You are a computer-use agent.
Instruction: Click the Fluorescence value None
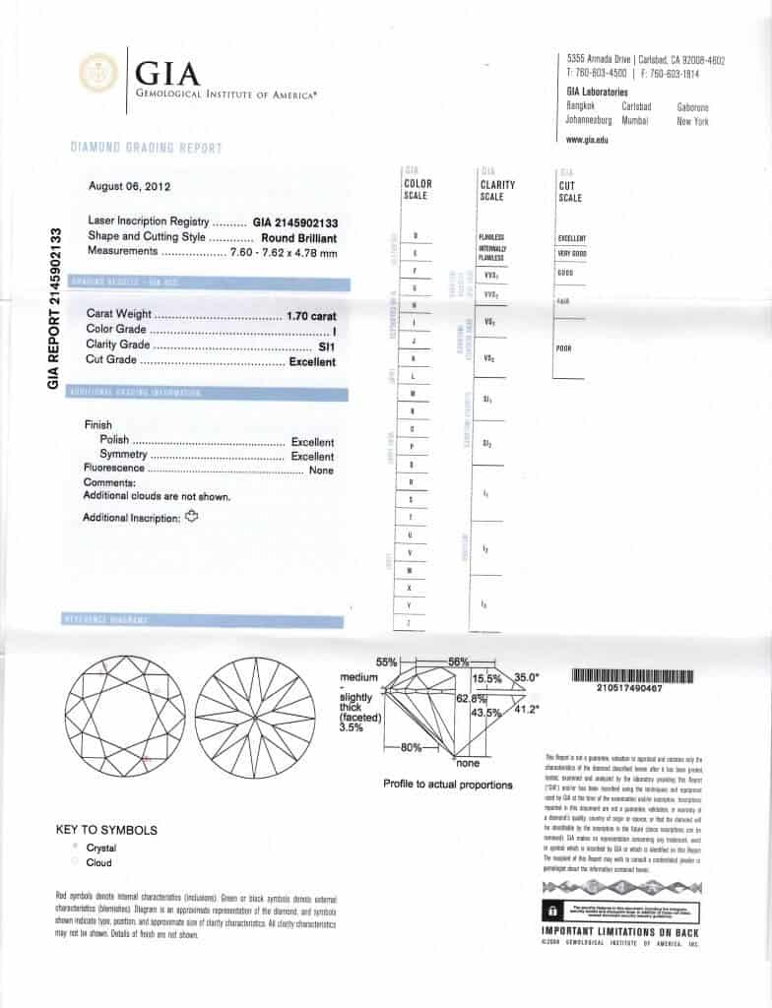tap(321, 471)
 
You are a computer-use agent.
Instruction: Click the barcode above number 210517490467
tap(631, 676)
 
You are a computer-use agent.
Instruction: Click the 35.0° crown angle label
tap(527, 677)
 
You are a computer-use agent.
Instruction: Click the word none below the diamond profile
tap(468, 763)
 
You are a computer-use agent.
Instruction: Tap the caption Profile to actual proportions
tap(448, 785)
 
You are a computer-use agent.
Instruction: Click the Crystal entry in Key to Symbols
tap(101, 848)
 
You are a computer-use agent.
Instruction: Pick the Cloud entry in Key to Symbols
tap(98, 863)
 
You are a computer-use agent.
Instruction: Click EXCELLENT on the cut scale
tap(572, 238)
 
